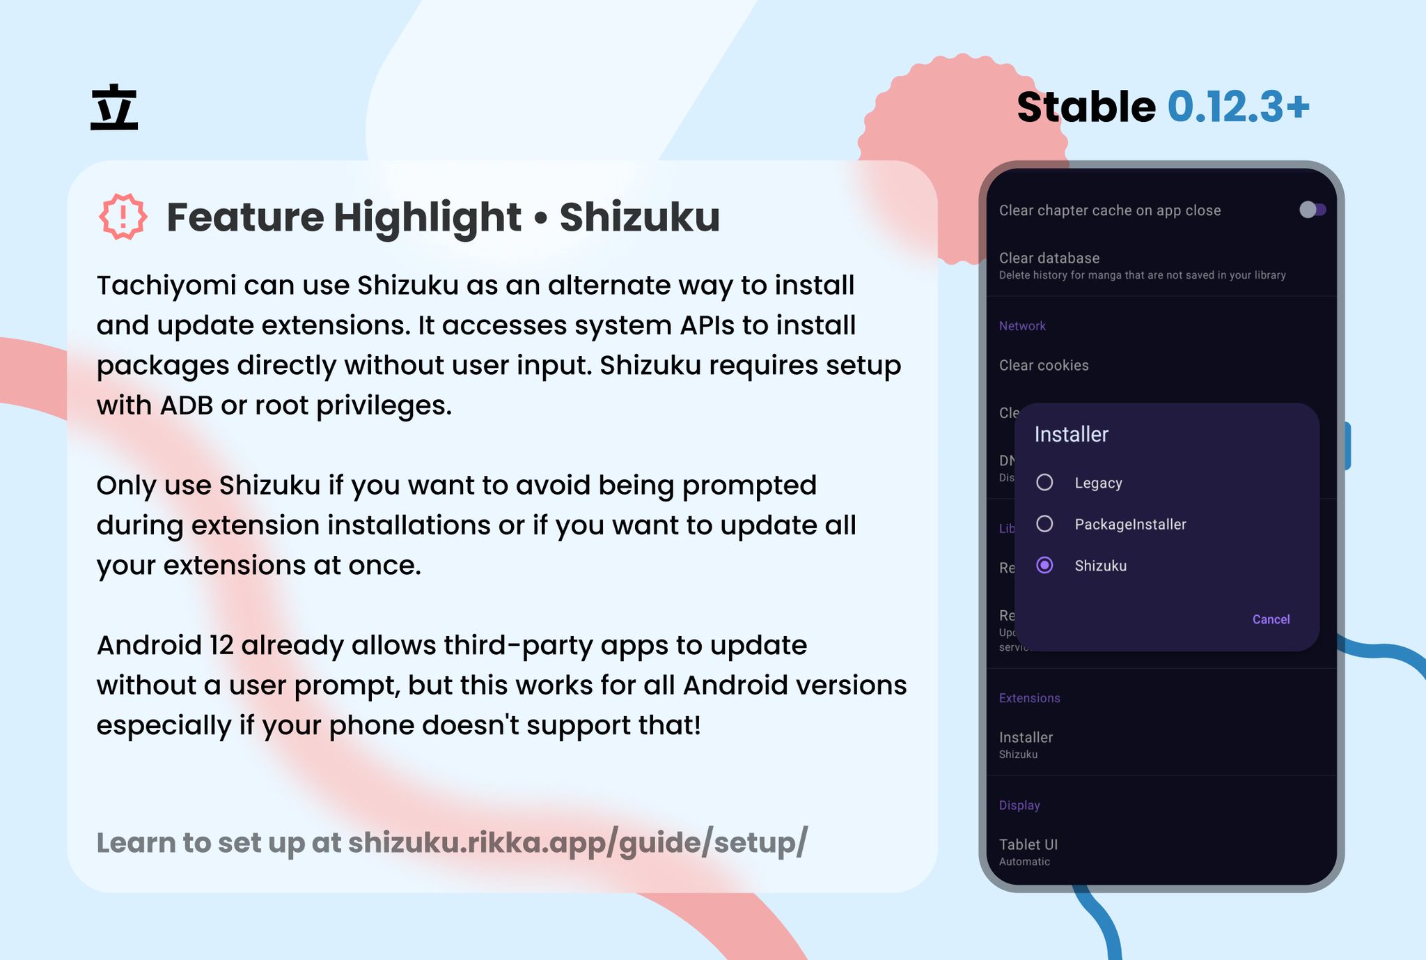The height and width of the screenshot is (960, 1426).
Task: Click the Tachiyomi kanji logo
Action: (114, 107)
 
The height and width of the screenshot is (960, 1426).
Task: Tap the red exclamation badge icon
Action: (123, 217)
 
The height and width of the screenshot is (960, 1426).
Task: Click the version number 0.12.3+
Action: (1238, 107)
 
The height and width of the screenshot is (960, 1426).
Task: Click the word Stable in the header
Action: (1086, 107)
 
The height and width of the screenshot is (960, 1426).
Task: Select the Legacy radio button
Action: (1044, 482)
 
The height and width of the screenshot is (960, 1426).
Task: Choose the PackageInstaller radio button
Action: (1044, 524)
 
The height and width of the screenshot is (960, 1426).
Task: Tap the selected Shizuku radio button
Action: (1044, 565)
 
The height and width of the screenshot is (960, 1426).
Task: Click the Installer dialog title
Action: (1071, 434)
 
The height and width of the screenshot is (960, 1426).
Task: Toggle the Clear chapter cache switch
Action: (1312, 210)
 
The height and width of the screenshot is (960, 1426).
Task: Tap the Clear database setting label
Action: (1049, 258)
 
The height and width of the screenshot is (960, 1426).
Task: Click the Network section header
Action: (1022, 326)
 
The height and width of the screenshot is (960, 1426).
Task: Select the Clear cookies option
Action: (1044, 365)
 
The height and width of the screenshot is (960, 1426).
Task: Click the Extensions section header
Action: (1029, 698)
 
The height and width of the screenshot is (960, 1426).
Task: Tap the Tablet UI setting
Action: (1028, 844)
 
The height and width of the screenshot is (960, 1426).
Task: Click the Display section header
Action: (1019, 805)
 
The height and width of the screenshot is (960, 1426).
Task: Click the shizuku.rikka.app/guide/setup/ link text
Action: (577, 842)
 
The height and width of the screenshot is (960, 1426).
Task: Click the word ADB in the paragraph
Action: (186, 405)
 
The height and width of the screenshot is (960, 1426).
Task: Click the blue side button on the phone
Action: (1347, 446)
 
